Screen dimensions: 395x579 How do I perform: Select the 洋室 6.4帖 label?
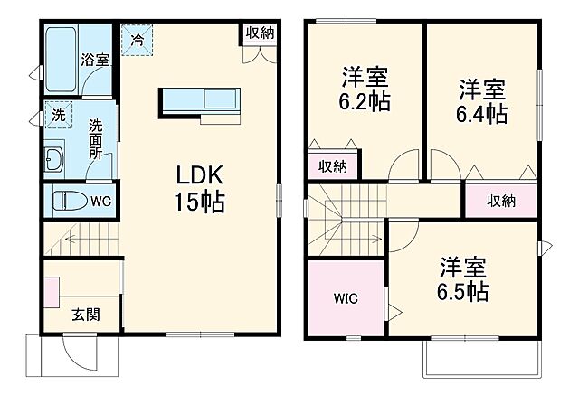pyautogui.click(x=481, y=101)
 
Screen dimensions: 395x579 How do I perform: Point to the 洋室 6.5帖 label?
pyautogui.click(x=464, y=279)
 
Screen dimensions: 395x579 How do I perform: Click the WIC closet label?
pyautogui.click(x=346, y=296)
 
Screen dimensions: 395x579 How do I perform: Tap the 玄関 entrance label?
pyautogui.click(x=86, y=315)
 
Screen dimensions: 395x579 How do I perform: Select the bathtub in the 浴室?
pyautogui.click(x=62, y=59)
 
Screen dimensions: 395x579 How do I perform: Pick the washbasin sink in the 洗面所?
pyautogui.click(x=52, y=161)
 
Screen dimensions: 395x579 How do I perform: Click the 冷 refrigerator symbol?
pyautogui.click(x=138, y=40)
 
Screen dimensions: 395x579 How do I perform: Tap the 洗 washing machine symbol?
pyautogui.click(x=57, y=116)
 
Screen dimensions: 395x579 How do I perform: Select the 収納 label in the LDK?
pyautogui.click(x=261, y=33)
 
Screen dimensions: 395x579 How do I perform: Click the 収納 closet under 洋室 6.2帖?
pyautogui.click(x=333, y=165)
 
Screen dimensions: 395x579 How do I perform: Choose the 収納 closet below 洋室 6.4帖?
pyautogui.click(x=501, y=200)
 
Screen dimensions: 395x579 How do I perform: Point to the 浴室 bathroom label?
pyautogui.click(x=95, y=61)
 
